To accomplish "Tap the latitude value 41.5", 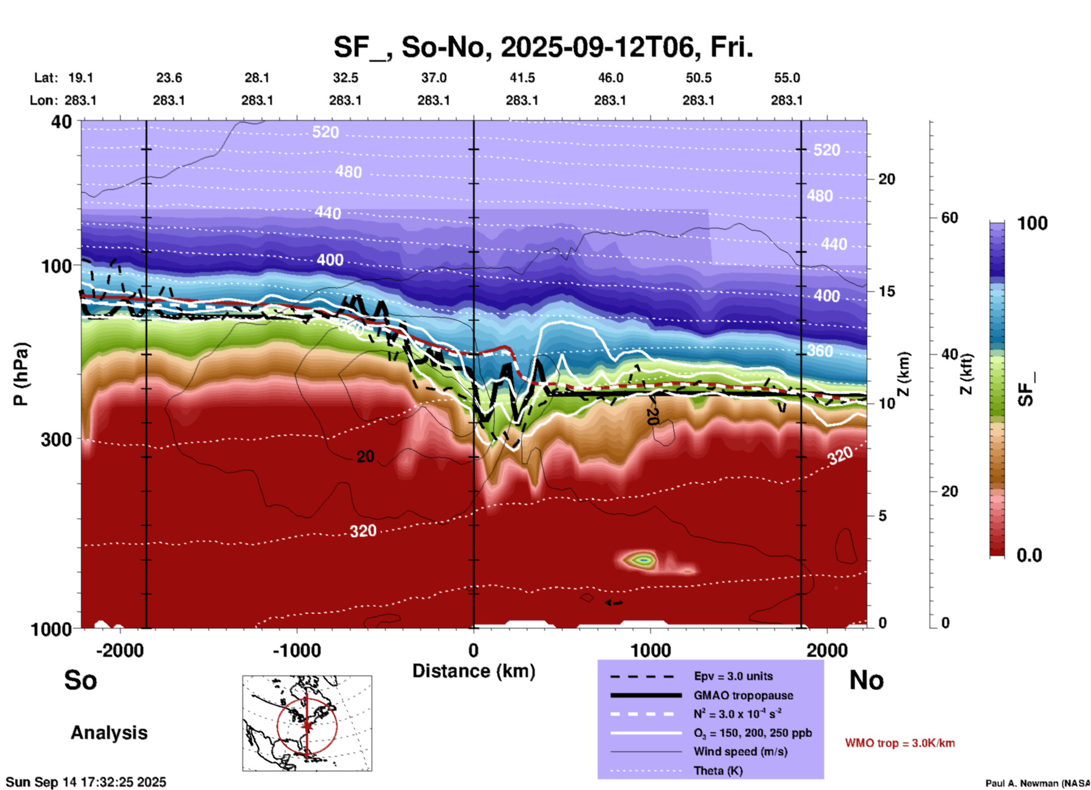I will pos(522,78).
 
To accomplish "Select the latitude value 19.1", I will pos(80,78).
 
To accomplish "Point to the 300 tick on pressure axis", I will pos(56,439).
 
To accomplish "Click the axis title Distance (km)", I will pos(474,671).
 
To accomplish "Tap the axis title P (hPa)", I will pos(21,374).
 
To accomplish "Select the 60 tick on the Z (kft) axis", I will pos(949,218).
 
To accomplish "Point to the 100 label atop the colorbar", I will pos(1032,223).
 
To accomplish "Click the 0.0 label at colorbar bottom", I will pos(1029,555).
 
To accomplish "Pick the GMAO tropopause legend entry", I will pos(743,695).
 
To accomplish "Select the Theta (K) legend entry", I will pos(718,771).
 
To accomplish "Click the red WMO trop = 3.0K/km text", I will pos(900,743).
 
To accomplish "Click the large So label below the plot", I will pos(80,680).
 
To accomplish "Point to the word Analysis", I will pos(109,733).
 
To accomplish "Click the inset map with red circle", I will pos(307,723).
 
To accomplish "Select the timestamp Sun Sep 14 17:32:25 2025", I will pos(86,783).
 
